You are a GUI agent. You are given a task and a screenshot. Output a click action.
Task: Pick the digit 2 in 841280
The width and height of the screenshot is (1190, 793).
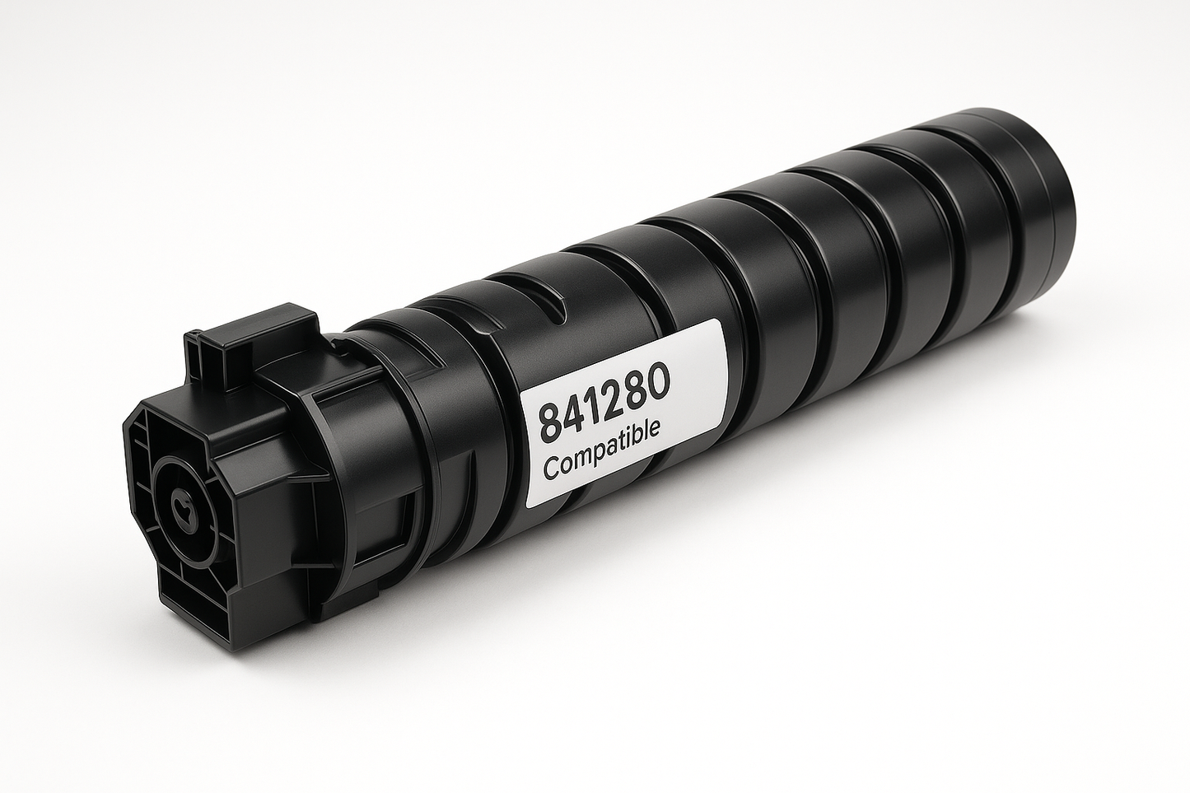click(x=617, y=395)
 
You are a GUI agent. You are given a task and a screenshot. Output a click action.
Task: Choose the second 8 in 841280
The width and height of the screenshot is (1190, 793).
click(x=637, y=390)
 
